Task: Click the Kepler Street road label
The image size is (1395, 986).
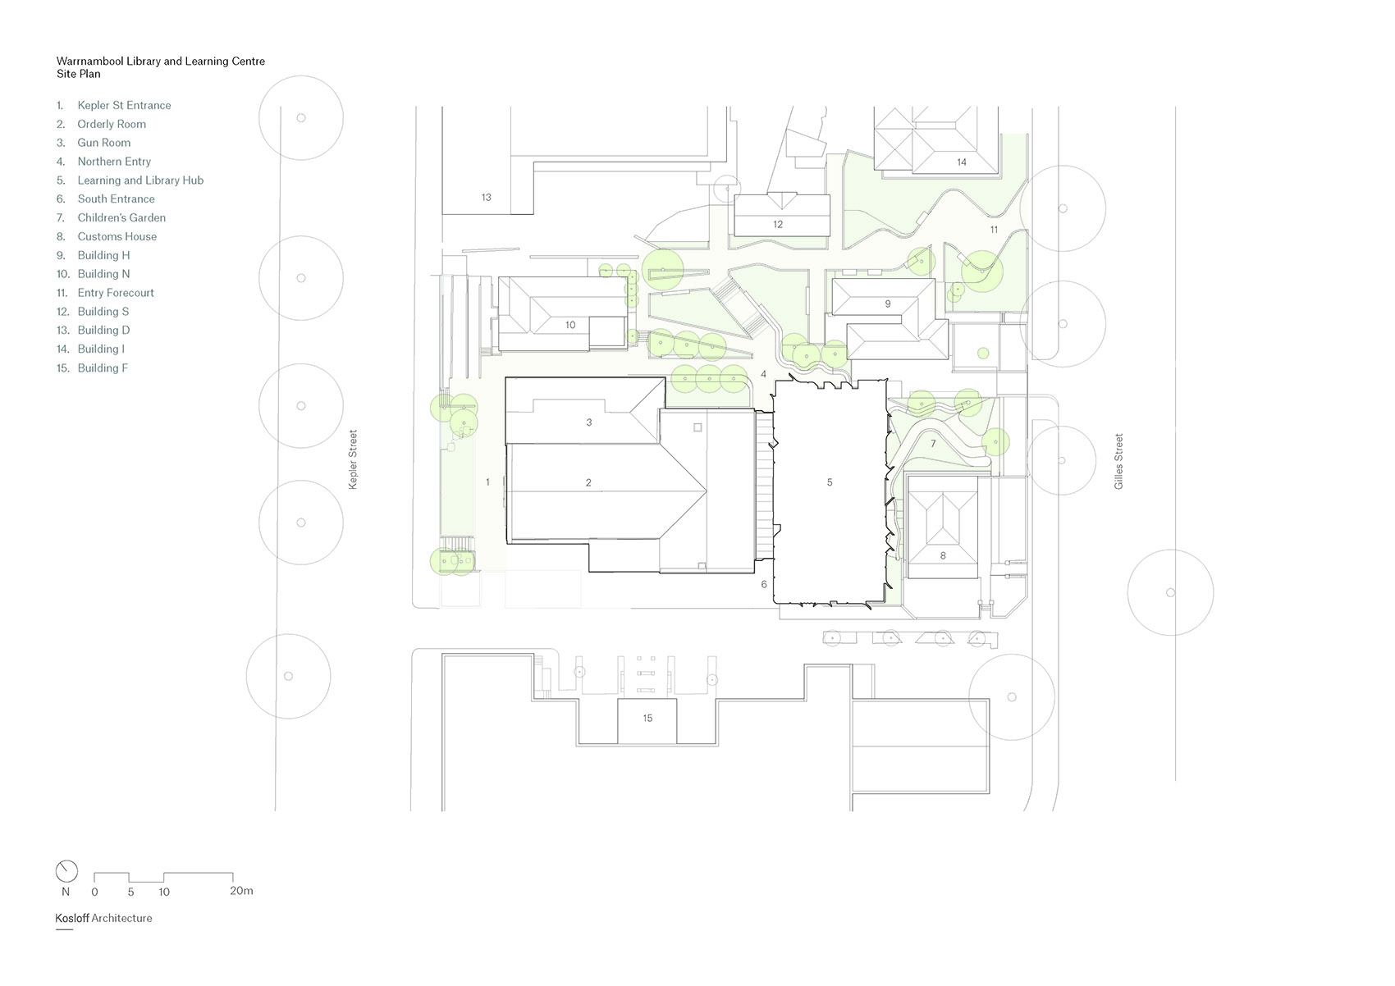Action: pyautogui.click(x=353, y=459)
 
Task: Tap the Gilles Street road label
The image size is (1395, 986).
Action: pyautogui.click(x=1118, y=462)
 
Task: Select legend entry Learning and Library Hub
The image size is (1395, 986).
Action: pyautogui.click(x=139, y=180)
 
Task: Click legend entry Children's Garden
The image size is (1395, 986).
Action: pyautogui.click(x=121, y=217)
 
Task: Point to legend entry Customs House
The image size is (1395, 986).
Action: pyautogui.click(x=117, y=236)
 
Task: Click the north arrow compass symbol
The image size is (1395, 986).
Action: pyautogui.click(x=66, y=871)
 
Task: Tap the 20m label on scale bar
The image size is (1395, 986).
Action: pyautogui.click(x=241, y=891)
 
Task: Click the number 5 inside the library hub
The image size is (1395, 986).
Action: pyautogui.click(x=830, y=482)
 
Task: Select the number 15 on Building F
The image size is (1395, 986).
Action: pyautogui.click(x=647, y=718)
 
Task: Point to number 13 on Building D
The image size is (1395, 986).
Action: pyautogui.click(x=487, y=197)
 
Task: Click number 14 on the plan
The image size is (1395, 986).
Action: pyautogui.click(x=962, y=162)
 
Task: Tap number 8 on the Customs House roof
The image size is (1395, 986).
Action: pyautogui.click(x=943, y=555)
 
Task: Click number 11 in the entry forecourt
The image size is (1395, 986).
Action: pyautogui.click(x=994, y=230)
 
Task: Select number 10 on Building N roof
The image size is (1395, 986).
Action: pyautogui.click(x=570, y=325)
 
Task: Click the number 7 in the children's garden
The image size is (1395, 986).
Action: pyautogui.click(x=933, y=444)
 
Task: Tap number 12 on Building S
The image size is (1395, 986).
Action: pyautogui.click(x=778, y=224)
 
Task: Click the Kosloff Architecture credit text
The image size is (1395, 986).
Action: pyautogui.click(x=103, y=918)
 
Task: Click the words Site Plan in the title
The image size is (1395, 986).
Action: pyautogui.click(x=78, y=74)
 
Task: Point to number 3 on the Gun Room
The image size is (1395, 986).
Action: pyautogui.click(x=589, y=422)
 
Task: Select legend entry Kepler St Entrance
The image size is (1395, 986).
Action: pyautogui.click(x=124, y=105)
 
